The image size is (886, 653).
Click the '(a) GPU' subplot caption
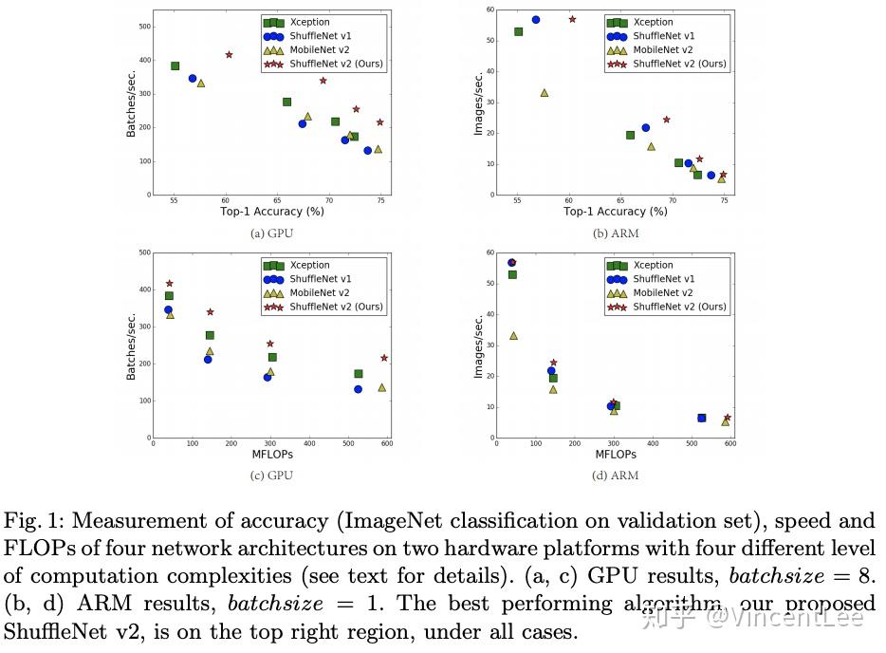(x=270, y=233)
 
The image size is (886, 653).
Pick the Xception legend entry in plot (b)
(x=653, y=22)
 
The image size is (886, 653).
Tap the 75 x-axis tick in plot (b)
(x=723, y=202)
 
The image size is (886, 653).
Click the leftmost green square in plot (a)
(x=175, y=66)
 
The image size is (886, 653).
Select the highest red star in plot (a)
(x=229, y=55)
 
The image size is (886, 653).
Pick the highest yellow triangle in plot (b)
(x=545, y=93)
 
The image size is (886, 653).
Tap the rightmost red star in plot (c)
(x=384, y=358)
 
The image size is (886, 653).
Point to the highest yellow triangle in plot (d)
(x=513, y=336)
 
